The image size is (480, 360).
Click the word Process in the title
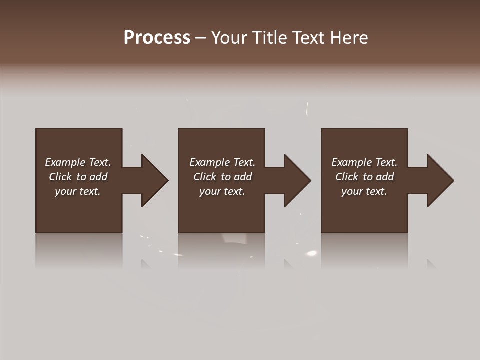(x=157, y=38)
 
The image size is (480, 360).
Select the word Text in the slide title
(x=308, y=38)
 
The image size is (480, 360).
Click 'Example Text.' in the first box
(x=78, y=162)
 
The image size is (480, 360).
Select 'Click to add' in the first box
(x=78, y=177)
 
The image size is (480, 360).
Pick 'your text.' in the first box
(x=78, y=191)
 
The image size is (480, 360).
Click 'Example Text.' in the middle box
(x=222, y=162)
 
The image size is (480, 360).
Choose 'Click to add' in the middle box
(x=222, y=177)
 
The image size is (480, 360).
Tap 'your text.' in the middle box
(x=222, y=191)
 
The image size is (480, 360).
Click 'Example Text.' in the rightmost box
(x=364, y=162)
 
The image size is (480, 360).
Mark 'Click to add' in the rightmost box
(x=364, y=177)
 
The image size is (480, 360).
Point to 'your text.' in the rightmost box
(x=364, y=191)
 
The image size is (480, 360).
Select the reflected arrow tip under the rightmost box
(x=431, y=263)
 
